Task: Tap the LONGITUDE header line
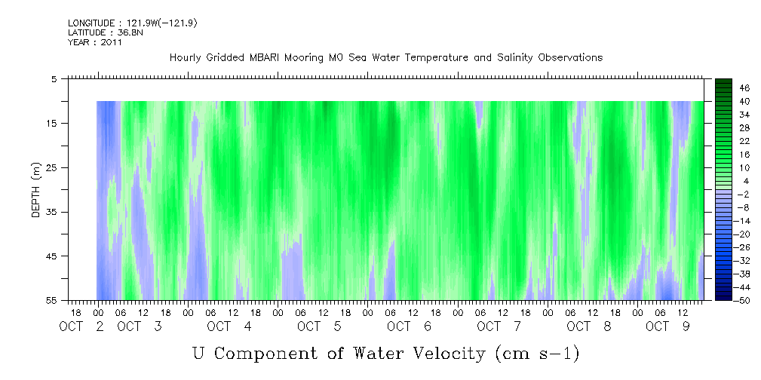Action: point(133,23)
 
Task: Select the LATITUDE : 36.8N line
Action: point(106,32)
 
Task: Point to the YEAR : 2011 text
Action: point(95,42)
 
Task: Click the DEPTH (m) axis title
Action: point(36,190)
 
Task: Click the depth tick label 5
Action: point(54,79)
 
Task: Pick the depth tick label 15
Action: point(51,123)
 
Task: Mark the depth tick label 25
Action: point(51,168)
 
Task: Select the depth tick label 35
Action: point(51,212)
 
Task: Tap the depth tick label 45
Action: point(51,256)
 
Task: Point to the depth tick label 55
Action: point(51,300)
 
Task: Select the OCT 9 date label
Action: point(667,326)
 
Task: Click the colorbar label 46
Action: point(744,88)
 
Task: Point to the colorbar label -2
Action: point(743,194)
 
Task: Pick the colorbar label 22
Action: point(744,141)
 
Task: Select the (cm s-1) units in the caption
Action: point(538,354)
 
